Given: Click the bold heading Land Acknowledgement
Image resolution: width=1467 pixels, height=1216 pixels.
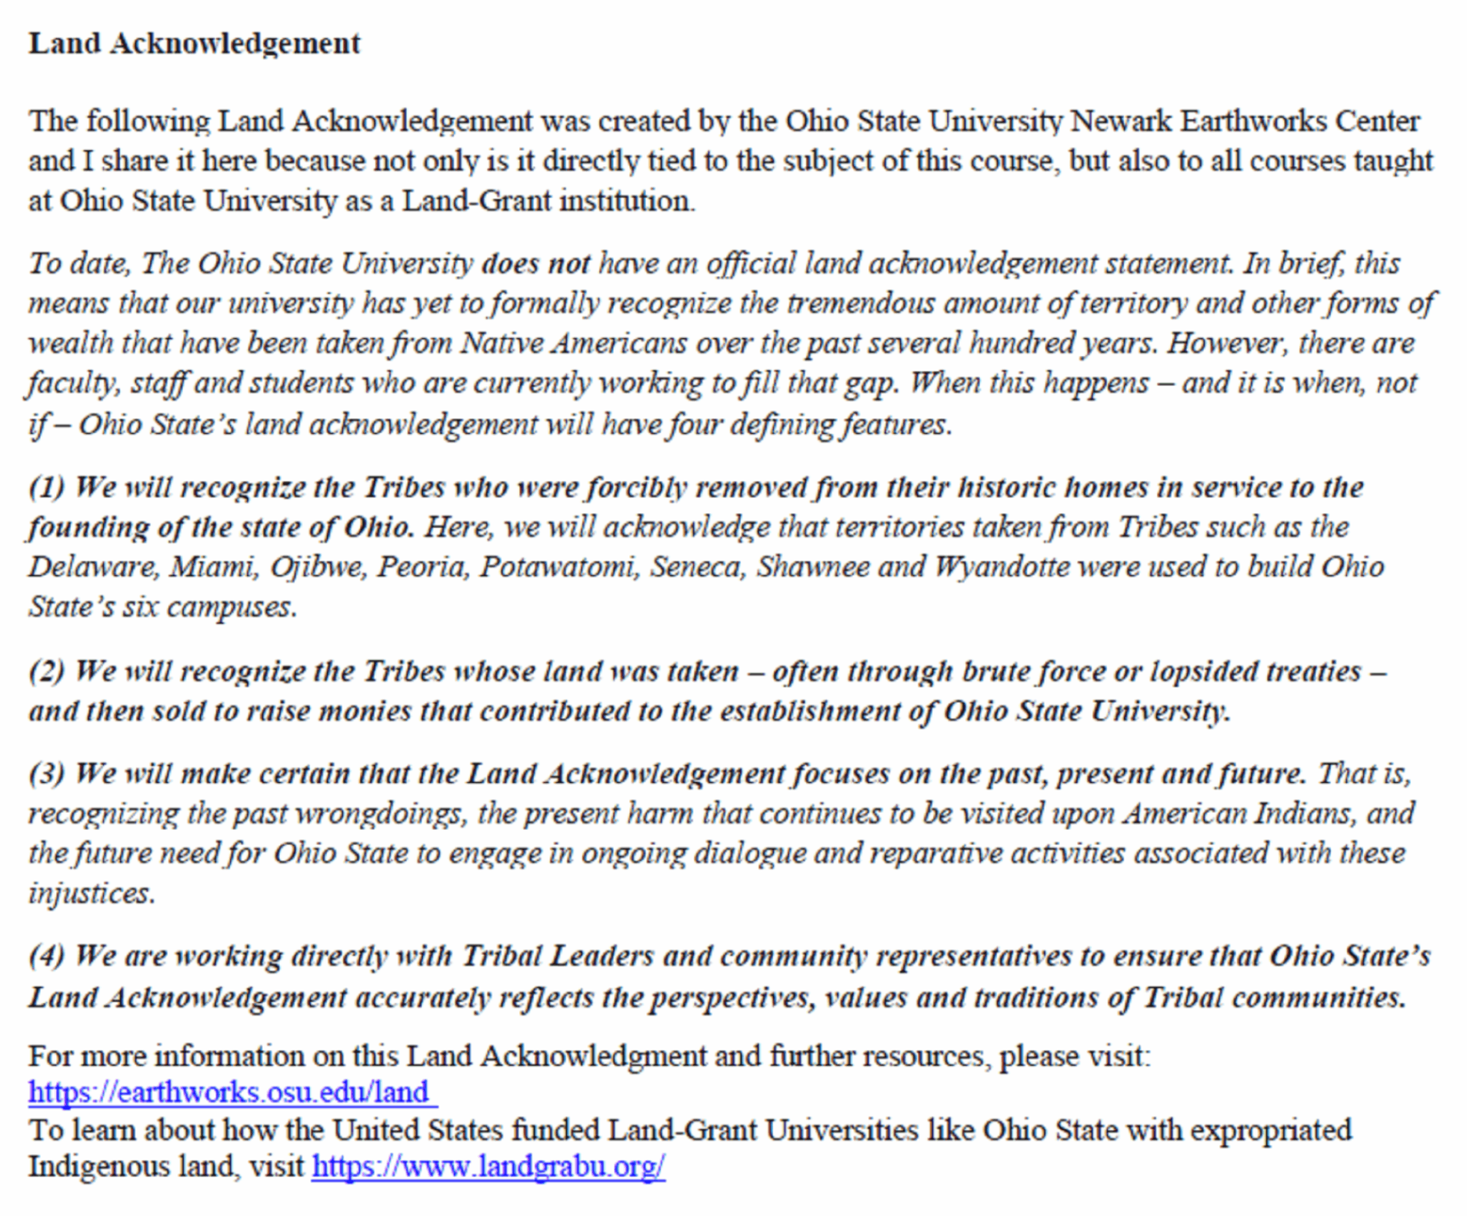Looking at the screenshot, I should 194,44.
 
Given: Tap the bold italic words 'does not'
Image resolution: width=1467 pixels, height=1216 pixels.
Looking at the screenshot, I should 536,264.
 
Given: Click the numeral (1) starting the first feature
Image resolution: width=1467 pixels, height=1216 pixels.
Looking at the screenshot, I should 46,488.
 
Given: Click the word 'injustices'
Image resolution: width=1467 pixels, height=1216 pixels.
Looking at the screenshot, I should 91,894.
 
